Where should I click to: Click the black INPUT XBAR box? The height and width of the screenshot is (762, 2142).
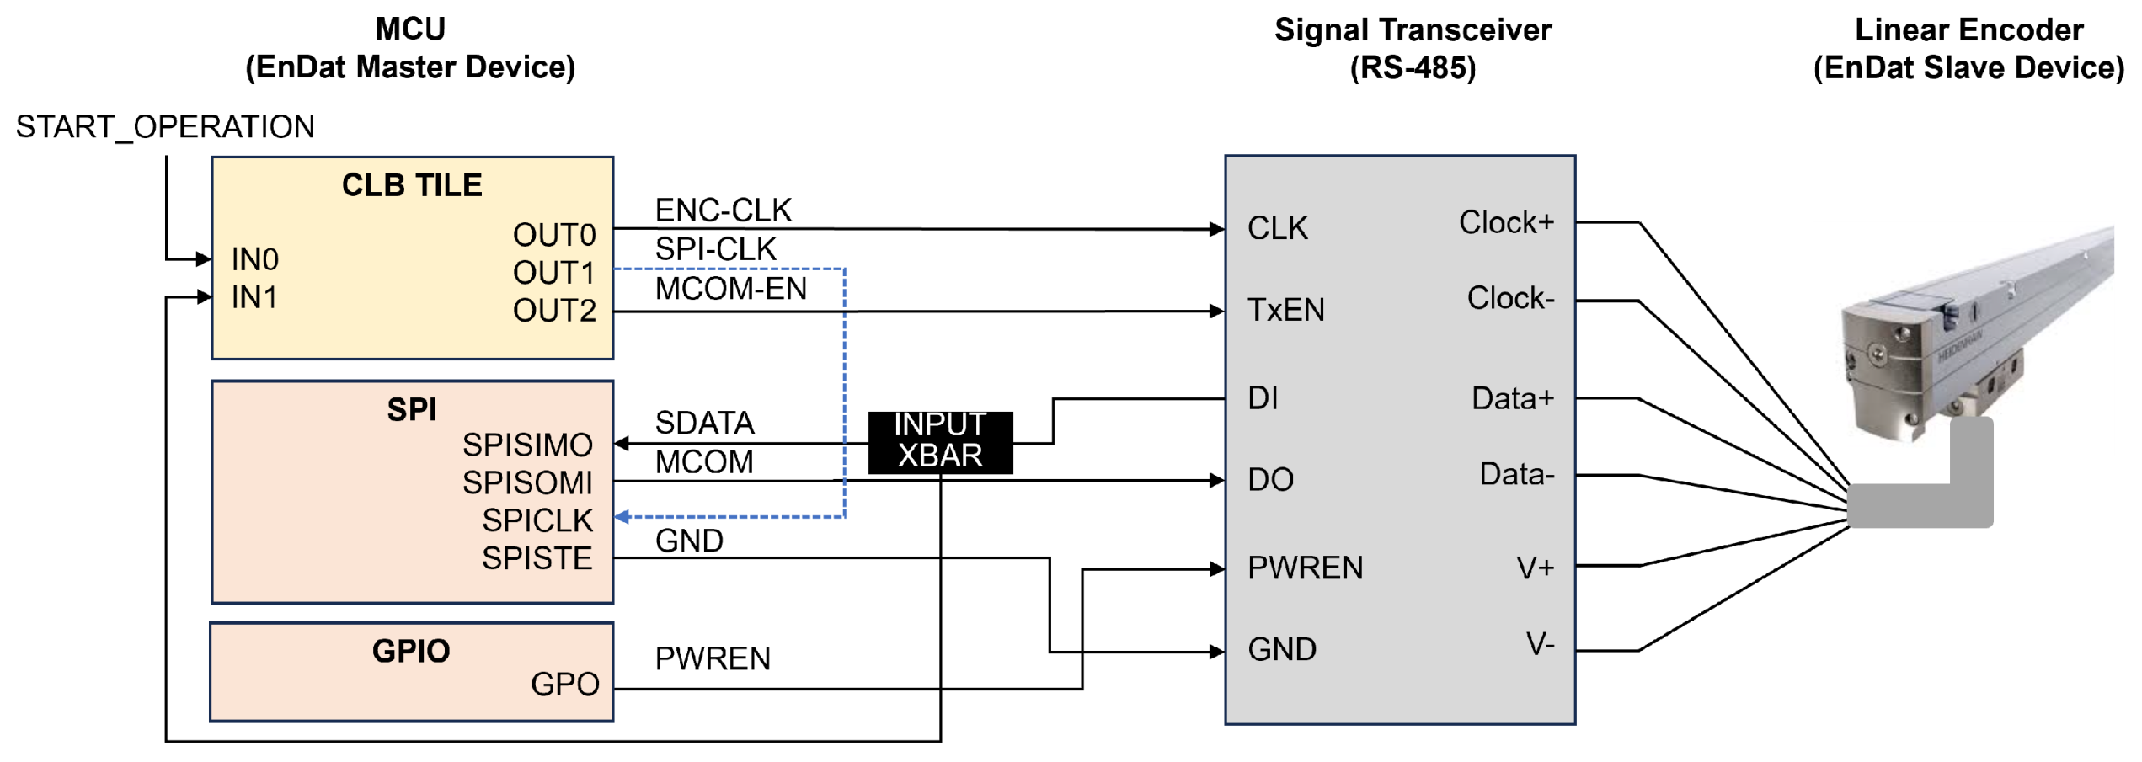940,441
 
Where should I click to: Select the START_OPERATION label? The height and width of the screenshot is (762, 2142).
165,127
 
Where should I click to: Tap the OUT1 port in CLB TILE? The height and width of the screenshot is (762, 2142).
554,273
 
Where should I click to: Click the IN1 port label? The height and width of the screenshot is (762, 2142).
254,297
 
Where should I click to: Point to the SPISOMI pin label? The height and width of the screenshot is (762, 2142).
527,482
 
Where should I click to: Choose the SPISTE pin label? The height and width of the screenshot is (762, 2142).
537,558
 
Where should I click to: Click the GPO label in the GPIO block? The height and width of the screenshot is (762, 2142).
564,685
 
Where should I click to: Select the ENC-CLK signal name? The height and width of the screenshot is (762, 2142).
723,210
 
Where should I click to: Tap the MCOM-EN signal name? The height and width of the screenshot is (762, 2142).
730,289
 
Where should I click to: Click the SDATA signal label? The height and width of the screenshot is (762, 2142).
704,423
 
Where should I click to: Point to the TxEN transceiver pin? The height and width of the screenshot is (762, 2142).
1285,310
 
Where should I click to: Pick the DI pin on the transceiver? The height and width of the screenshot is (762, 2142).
1263,398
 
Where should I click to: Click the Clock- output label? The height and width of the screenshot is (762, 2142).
1510,298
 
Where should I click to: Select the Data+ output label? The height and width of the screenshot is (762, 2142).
1512,398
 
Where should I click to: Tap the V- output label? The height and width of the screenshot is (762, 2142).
1540,645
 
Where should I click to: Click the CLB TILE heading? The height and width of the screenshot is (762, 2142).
412,185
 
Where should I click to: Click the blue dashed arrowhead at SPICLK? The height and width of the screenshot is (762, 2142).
622,517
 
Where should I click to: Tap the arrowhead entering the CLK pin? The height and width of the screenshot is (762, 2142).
1216,229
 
